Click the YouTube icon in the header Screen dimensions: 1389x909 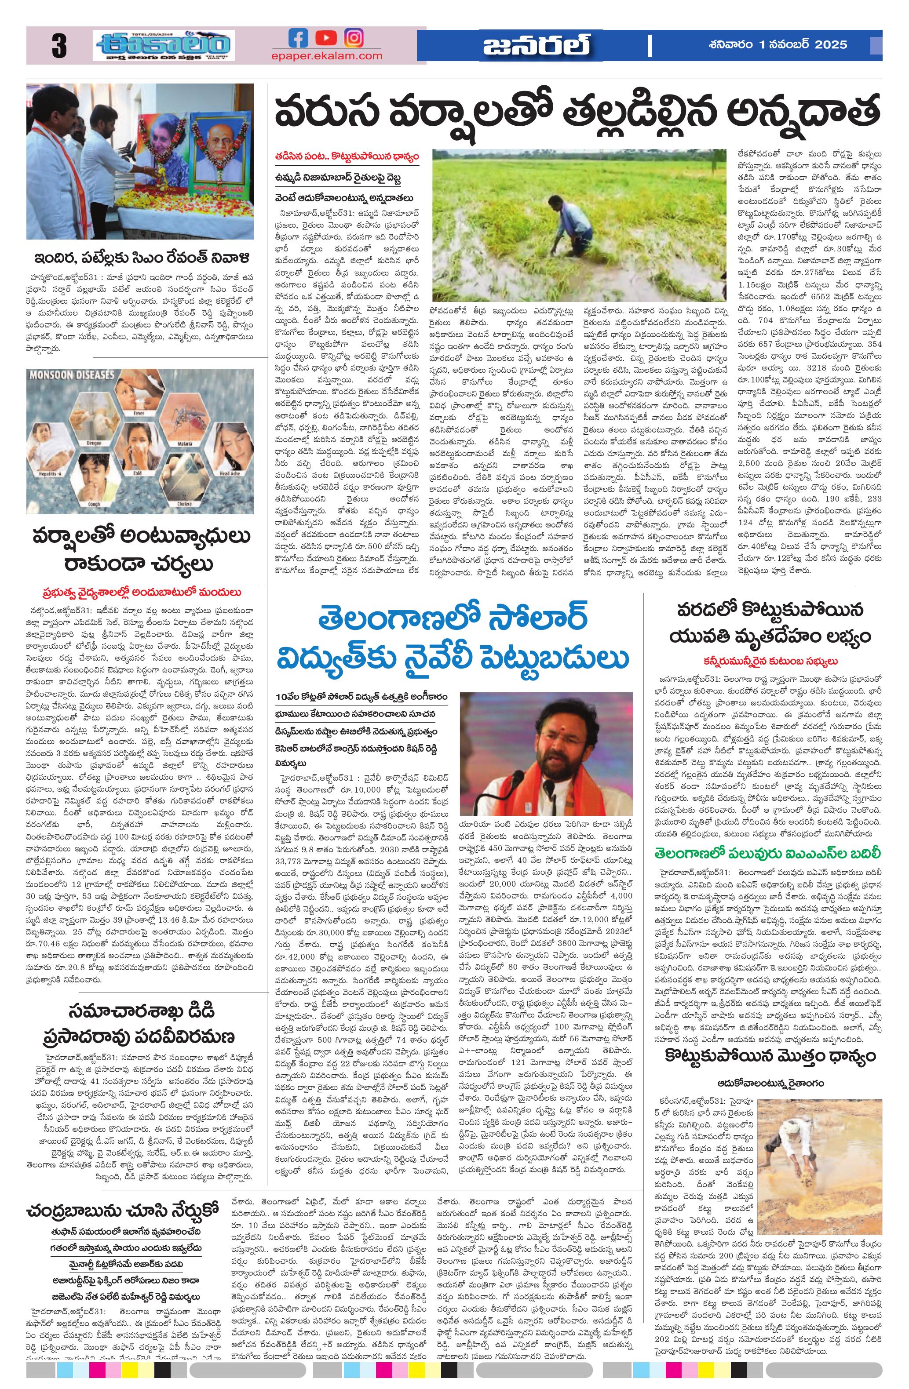click(x=326, y=39)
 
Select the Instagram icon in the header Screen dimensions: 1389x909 click(x=353, y=39)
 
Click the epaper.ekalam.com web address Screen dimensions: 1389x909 click(x=326, y=56)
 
